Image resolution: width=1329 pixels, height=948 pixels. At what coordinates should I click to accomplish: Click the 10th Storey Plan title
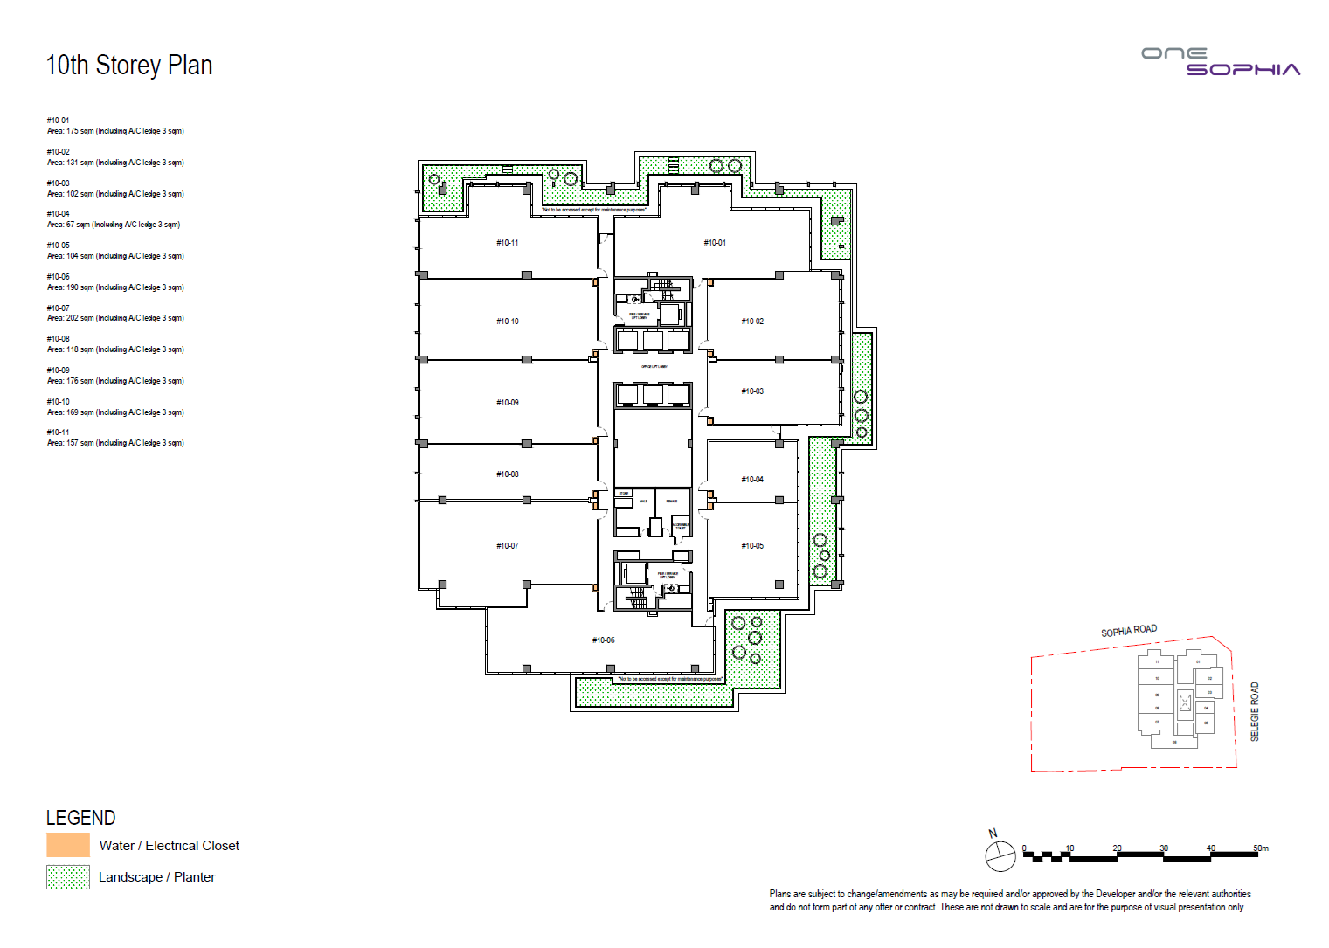pos(128,66)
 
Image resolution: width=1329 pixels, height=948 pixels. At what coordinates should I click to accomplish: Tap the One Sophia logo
pos(1221,61)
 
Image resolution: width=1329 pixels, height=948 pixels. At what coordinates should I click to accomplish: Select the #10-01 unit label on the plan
pos(715,243)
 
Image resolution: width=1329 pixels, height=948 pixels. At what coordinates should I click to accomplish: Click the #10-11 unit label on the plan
pos(508,243)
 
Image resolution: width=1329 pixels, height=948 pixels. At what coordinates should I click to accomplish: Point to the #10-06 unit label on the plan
pos(604,640)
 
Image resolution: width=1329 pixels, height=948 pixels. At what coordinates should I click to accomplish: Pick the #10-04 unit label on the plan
pos(752,480)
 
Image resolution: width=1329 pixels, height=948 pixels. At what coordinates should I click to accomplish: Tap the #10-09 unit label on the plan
pos(508,403)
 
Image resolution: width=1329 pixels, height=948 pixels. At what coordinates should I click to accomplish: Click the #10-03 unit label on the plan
pos(752,391)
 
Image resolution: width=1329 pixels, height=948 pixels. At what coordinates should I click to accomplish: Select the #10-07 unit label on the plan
pos(508,546)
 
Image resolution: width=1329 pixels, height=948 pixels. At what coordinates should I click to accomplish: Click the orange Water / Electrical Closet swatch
pos(68,845)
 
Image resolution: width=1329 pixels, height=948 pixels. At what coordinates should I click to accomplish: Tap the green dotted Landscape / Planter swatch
pos(68,877)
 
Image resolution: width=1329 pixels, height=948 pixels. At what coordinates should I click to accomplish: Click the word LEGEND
pos(80,818)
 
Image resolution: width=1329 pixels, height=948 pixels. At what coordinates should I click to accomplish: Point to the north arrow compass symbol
pos(1000,855)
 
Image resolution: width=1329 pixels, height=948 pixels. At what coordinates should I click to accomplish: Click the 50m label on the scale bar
pos(1260,848)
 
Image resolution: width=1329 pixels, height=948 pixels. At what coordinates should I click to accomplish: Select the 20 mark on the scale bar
pos(1117,848)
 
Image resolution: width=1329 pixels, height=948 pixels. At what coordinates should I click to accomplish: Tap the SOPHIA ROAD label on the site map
pos(1129,631)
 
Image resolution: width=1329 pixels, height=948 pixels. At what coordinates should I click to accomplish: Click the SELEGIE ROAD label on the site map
pos(1255,712)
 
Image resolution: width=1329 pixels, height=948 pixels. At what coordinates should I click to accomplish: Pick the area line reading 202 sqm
pos(115,318)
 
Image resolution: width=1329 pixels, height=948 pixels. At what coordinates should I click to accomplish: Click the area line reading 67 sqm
pos(114,225)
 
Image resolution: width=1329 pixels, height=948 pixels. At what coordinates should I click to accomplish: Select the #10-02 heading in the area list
pos(59,152)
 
